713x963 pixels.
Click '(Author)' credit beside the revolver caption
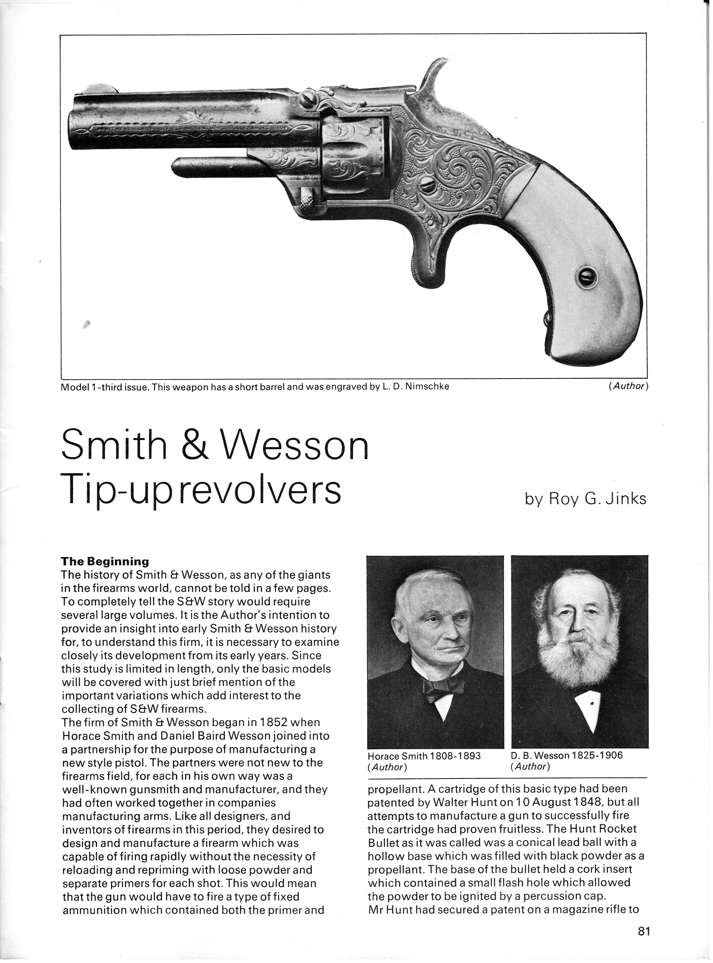628,386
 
